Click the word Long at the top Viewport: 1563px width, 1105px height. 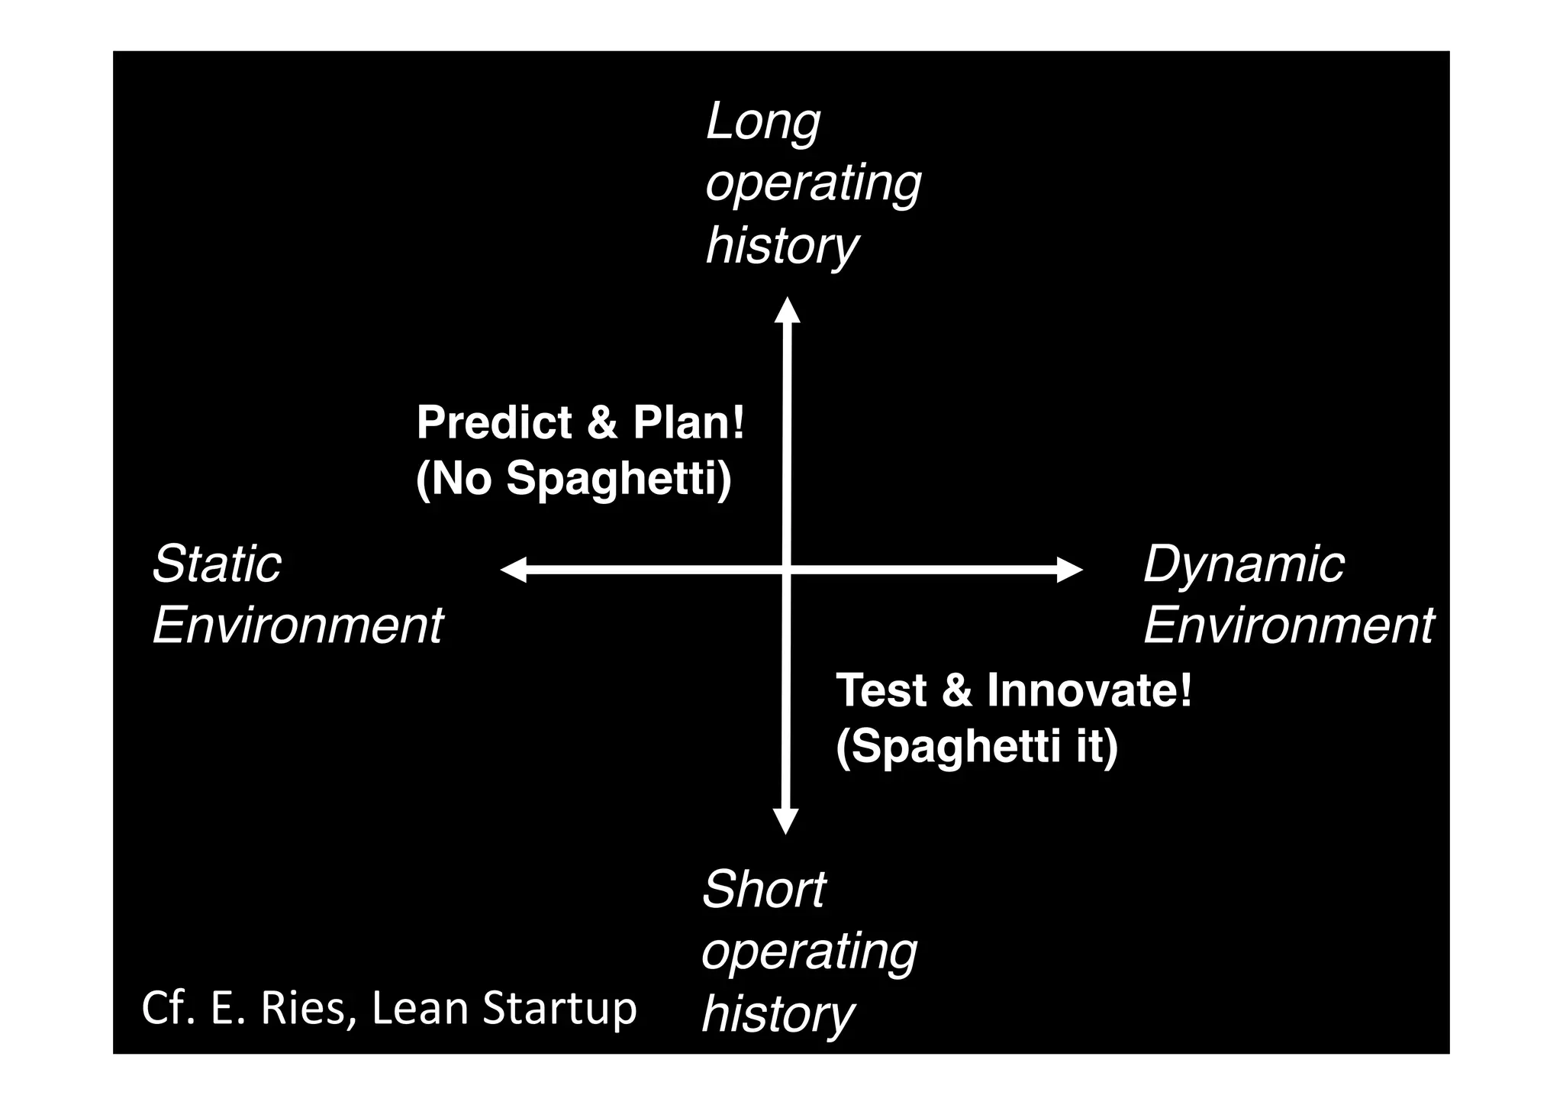tap(762, 122)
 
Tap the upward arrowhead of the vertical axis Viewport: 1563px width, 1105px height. tap(787, 310)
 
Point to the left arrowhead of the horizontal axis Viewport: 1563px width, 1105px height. tap(514, 570)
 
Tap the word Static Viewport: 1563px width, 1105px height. tap(217, 564)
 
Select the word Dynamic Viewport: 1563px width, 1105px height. tap(1243, 566)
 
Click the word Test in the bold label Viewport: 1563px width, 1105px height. tap(881, 690)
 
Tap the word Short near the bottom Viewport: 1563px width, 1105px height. tap(763, 890)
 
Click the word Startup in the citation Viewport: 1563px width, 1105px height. tap(559, 1010)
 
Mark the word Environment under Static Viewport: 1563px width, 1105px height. tap(298, 626)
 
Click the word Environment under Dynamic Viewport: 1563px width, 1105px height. tap(1288, 626)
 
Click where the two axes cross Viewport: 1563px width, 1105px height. tap(787, 570)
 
